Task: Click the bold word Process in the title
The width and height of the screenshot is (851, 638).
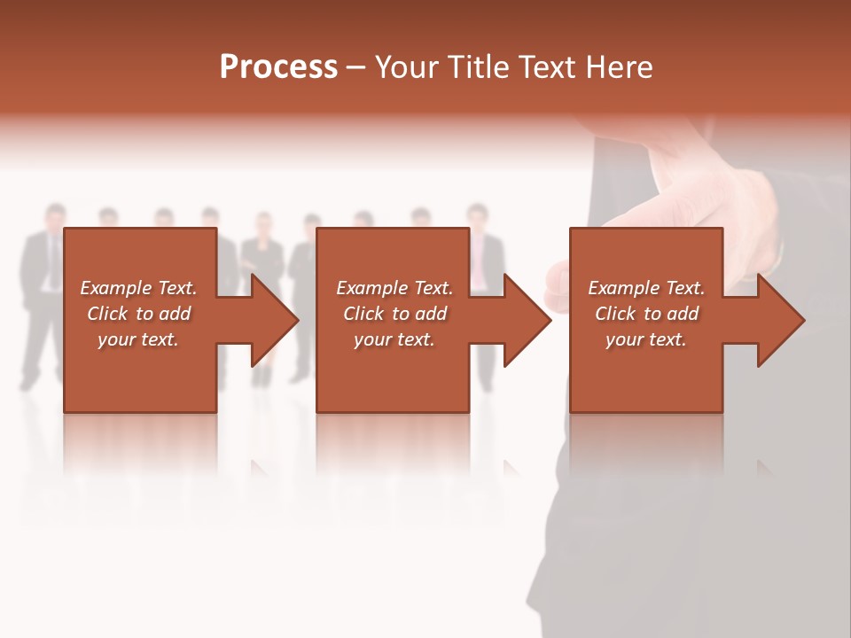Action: [278, 67]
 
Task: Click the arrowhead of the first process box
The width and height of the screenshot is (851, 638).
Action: [275, 320]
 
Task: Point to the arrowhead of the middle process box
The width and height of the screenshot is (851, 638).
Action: [527, 320]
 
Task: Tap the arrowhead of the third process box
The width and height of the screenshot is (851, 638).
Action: [781, 320]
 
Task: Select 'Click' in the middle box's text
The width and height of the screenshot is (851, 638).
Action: [362, 314]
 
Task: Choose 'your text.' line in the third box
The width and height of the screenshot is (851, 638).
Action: [646, 339]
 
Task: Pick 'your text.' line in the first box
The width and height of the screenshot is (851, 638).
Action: [138, 339]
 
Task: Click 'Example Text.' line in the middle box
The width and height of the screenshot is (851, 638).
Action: [394, 288]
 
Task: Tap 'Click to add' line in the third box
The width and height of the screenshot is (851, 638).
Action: [646, 314]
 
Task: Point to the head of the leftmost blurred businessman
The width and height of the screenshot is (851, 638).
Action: [55, 216]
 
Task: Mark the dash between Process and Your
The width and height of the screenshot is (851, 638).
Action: [355, 69]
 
